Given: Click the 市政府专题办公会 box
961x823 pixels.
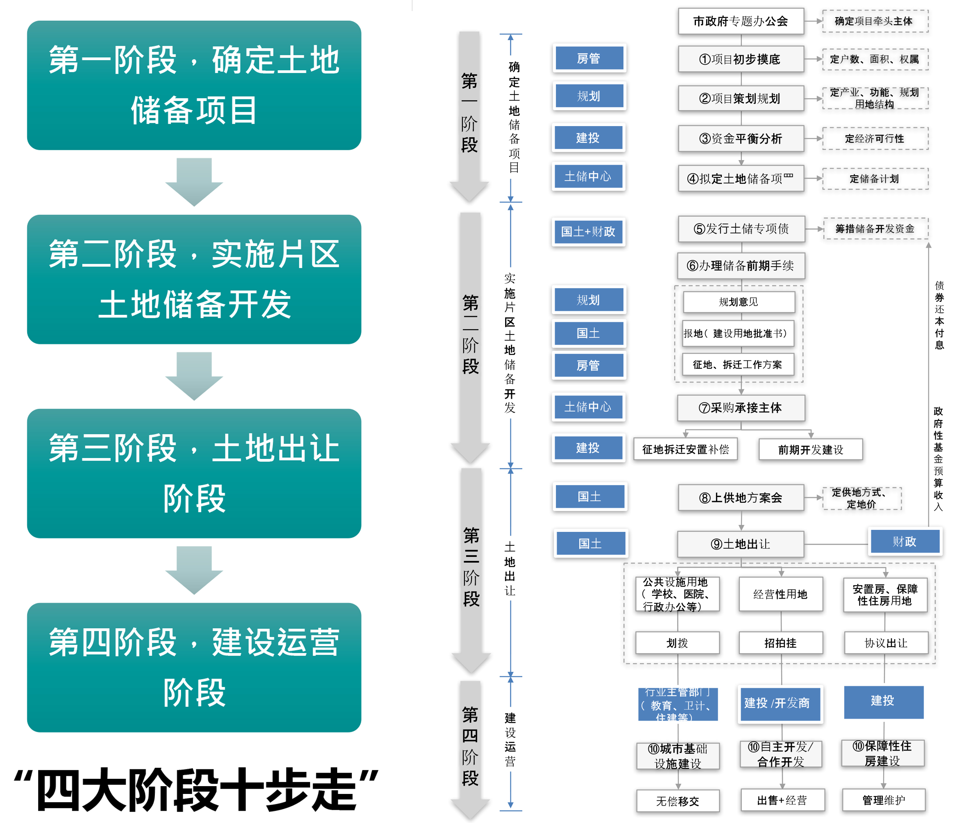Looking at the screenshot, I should pos(740,21).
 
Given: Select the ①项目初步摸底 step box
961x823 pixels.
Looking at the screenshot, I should pos(740,59).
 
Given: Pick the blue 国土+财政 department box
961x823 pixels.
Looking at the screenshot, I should pos(588,231).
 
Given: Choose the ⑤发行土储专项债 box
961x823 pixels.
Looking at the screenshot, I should pos(741,228).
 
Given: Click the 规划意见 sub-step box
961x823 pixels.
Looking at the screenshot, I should pos(739,302).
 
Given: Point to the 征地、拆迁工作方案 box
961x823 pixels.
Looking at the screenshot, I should pos(737,364).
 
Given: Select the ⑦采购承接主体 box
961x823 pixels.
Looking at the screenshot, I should pos(741,407).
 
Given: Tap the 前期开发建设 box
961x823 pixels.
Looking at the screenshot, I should pos(810,449).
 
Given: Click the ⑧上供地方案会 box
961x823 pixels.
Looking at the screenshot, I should pos(741,497).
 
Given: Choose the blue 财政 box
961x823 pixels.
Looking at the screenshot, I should pos(904,542).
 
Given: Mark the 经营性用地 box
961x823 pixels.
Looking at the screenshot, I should pos(781,594).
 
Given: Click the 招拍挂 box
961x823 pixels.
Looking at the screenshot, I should pos(781,642).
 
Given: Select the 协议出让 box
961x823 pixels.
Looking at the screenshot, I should pos(886,642).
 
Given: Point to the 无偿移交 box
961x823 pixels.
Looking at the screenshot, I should pos(678,801).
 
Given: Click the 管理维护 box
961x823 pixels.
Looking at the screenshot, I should pos(884,800).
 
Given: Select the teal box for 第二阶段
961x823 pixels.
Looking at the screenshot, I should pos(194,279).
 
